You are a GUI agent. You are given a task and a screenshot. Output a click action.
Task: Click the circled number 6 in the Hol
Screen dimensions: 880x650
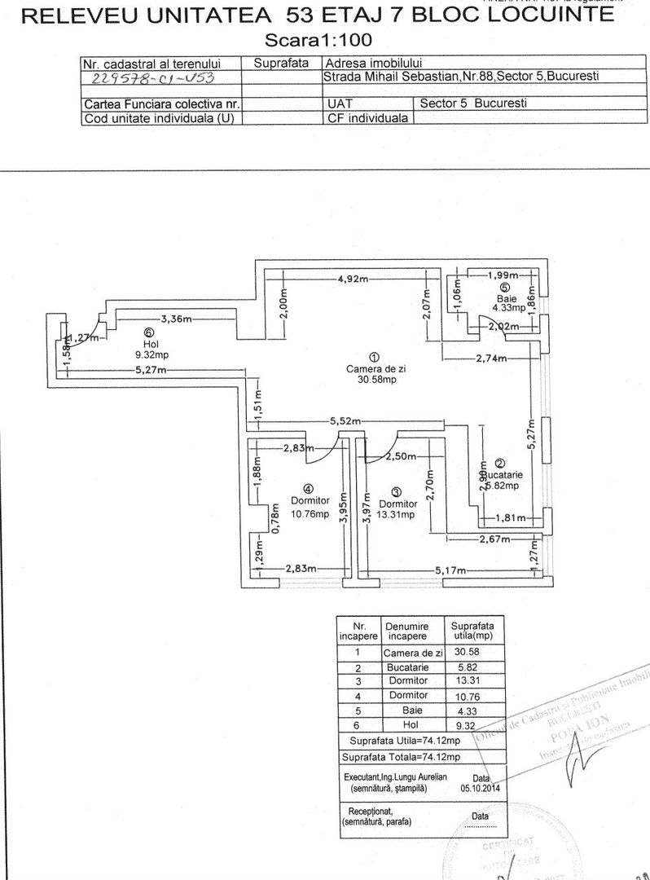[148, 332]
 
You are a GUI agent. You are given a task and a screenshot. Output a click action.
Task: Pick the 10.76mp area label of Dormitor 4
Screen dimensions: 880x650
[312, 514]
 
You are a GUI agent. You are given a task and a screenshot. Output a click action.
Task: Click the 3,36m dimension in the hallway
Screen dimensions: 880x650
[176, 319]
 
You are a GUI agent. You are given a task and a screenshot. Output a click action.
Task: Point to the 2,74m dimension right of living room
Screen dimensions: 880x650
[489, 358]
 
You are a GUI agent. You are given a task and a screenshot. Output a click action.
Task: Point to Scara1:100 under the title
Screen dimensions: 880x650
[324, 39]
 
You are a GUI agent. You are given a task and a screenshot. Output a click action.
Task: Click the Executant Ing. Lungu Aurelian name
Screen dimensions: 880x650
[396, 778]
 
